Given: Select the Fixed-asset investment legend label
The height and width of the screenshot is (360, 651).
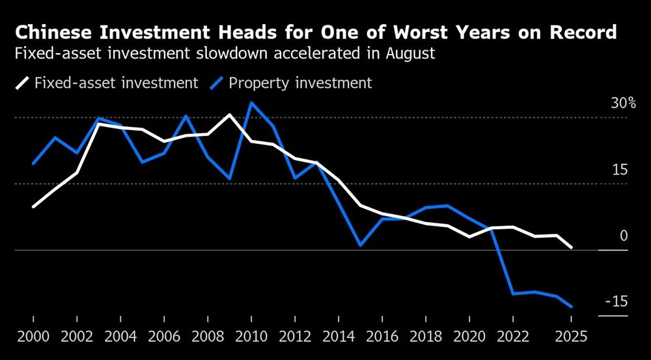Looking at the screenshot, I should tap(117, 83).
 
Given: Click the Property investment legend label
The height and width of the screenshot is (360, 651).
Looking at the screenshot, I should tap(300, 83).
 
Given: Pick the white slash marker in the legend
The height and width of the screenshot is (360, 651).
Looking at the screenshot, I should tap(22, 83).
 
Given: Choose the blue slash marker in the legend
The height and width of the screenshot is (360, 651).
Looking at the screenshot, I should tap(217, 83).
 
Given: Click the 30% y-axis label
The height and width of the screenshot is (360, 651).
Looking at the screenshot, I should tap(623, 104).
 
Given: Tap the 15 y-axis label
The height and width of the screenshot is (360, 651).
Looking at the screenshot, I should tap(620, 170).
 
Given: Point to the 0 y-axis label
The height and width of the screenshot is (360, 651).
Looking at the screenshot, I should tap(624, 236).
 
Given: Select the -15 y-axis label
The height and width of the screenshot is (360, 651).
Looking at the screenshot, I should tap(616, 301).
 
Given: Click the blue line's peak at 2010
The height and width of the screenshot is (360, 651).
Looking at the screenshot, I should tap(251, 103).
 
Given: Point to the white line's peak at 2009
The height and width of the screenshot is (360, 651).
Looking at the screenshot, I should tap(230, 115).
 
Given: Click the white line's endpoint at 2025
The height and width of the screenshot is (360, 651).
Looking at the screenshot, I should tap(571, 247).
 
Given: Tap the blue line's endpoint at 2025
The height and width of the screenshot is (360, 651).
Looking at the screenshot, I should tap(571, 306).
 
